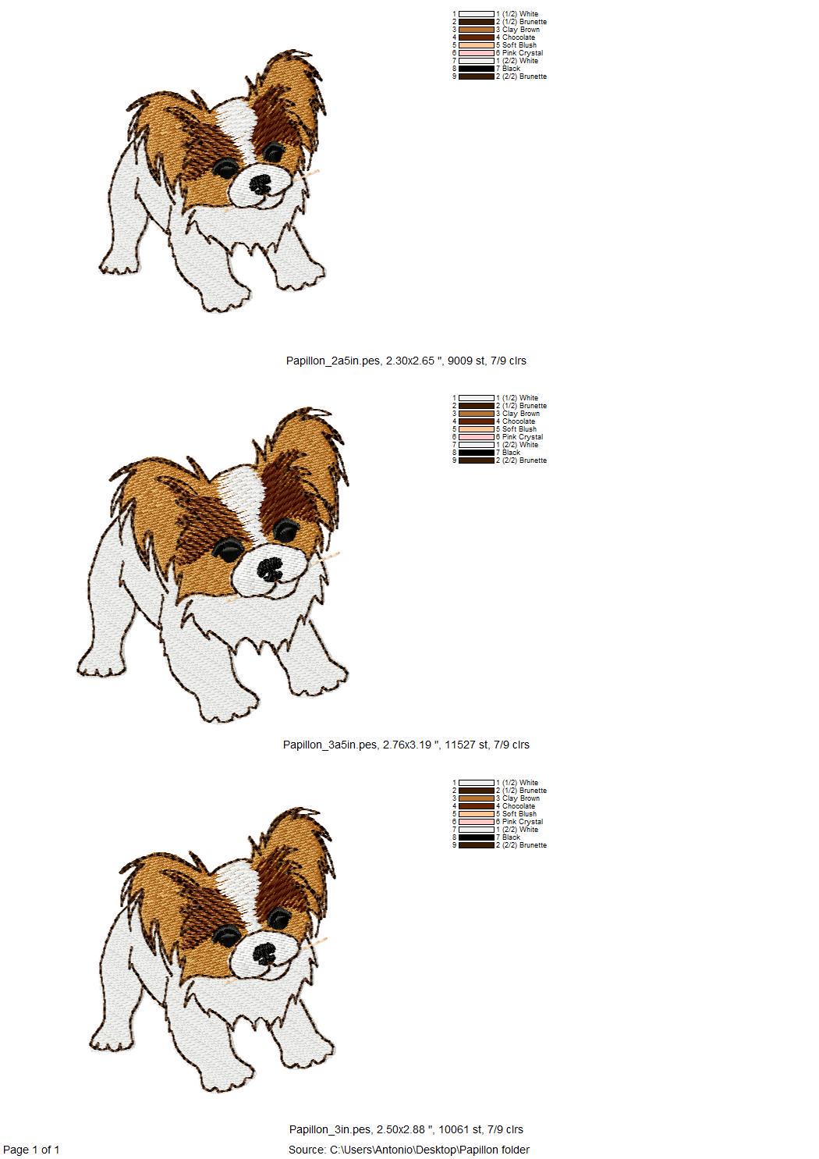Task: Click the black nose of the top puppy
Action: tap(260, 183)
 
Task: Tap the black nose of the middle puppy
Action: tap(270, 569)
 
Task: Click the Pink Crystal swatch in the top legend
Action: tap(477, 53)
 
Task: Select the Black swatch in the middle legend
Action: tap(477, 452)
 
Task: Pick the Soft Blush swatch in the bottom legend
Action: tap(477, 814)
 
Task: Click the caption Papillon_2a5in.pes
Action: tap(333, 361)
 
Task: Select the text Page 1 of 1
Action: tap(31, 1150)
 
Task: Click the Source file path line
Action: tap(409, 1150)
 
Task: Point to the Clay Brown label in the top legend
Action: tap(518, 30)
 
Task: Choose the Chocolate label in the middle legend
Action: tap(516, 421)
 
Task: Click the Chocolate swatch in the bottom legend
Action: tap(477, 806)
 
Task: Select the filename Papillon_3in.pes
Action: tap(330, 1129)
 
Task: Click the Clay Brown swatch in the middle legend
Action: tap(477, 414)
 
